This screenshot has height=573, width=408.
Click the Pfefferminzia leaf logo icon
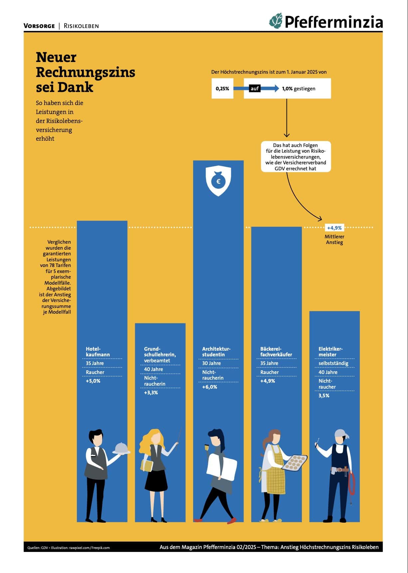click(x=276, y=21)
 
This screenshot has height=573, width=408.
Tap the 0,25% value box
click(x=222, y=89)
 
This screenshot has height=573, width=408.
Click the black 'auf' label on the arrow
click(x=255, y=89)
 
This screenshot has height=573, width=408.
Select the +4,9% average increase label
click(x=334, y=228)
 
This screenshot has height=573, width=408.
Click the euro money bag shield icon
click(x=218, y=181)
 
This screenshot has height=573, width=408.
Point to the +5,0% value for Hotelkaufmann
click(x=93, y=381)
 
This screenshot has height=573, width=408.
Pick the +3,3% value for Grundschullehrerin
click(x=151, y=393)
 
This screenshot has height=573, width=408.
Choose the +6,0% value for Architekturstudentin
click(x=210, y=387)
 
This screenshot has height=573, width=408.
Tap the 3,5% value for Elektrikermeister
click(x=324, y=396)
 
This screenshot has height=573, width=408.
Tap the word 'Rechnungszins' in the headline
click(x=86, y=72)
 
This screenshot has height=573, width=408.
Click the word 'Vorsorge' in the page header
click(x=39, y=26)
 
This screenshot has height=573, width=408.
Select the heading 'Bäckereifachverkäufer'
click(x=276, y=352)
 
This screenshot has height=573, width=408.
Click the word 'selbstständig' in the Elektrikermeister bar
click(x=333, y=363)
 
